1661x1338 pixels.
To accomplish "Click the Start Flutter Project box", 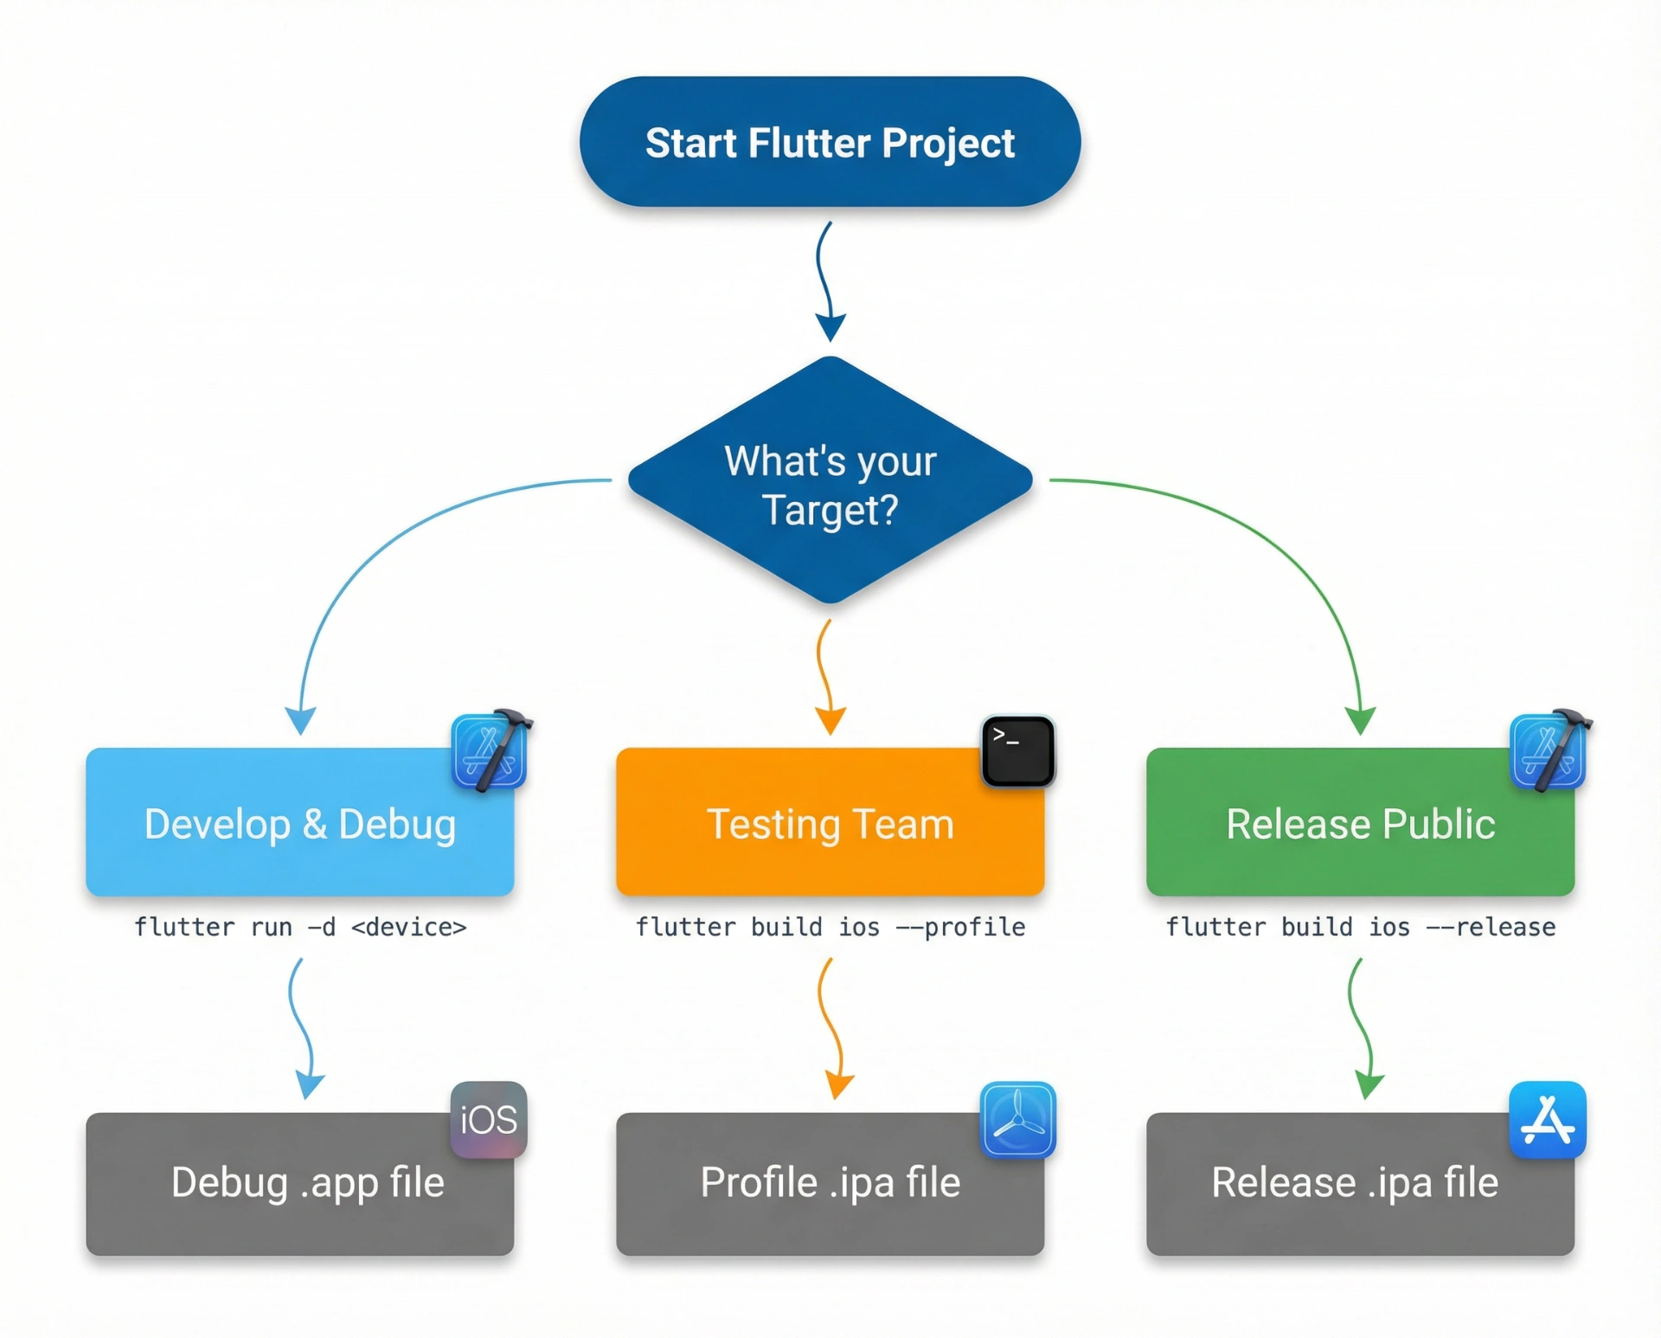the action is coord(830,141).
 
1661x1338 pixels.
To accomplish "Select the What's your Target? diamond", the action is coord(830,480).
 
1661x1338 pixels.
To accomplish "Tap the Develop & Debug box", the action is coord(299,822).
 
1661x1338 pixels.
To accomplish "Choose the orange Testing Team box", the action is coord(830,822).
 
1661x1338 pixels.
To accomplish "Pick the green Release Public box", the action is coord(1360,822).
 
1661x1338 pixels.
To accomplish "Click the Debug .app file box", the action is coord(299,1184).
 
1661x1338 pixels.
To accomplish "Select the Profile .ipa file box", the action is coord(830,1184).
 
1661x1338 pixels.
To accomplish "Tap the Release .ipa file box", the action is coord(1360,1184).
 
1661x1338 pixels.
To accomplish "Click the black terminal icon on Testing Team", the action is coord(1018,751).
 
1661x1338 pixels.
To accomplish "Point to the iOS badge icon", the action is coord(489,1120).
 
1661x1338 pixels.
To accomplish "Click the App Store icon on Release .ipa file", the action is coord(1548,1120).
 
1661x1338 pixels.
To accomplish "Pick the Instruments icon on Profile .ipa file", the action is coord(1018,1120).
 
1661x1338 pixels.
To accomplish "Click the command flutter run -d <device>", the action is coord(300,928).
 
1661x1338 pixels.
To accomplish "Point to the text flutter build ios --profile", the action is coord(830,928).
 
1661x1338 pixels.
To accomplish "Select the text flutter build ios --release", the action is coord(1361,928).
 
